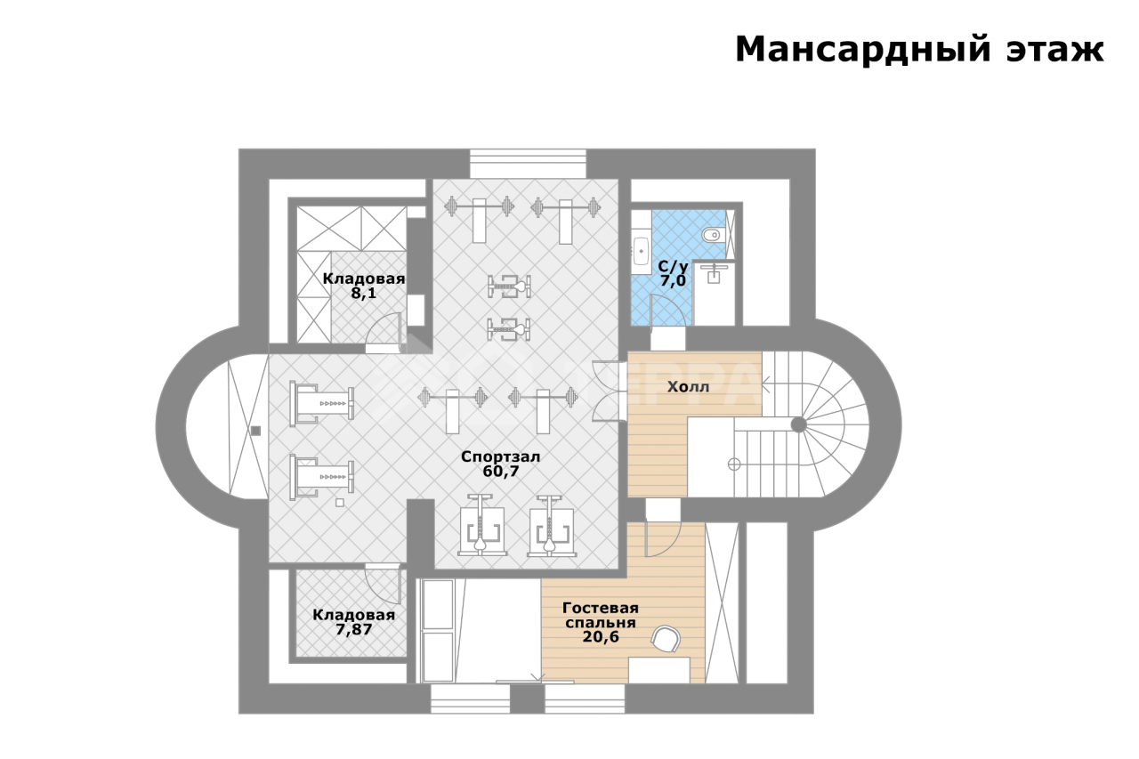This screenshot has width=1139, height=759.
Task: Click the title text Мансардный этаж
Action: [919, 50]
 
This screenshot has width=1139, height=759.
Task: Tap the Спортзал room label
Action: [500, 456]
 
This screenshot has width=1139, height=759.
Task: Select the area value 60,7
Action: [501, 472]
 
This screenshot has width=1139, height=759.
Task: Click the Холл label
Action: [688, 387]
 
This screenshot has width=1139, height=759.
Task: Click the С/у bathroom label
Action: [672, 266]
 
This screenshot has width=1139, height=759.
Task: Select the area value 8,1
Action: [364, 293]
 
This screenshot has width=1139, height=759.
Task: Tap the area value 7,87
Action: [354, 629]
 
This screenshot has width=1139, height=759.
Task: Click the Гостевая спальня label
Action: [601, 615]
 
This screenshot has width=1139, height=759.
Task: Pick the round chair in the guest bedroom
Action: [666, 639]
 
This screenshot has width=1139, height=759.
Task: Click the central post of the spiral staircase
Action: [798, 424]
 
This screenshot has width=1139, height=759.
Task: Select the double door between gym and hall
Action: [610, 391]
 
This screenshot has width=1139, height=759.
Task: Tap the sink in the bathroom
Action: [642, 251]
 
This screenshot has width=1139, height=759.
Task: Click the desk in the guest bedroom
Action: [659, 670]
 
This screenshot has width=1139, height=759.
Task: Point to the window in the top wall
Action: [528, 163]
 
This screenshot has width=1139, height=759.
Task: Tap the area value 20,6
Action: [601, 636]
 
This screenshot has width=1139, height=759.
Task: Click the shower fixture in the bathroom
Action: [714, 273]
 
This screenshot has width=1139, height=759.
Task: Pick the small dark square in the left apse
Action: [255, 431]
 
